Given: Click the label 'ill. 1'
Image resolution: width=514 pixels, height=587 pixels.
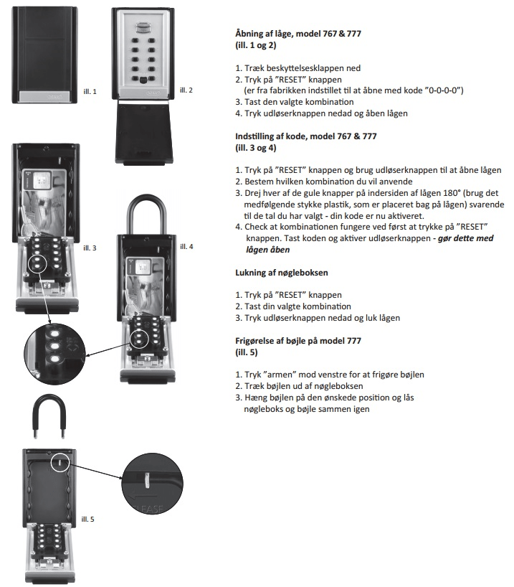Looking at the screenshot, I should click(90, 91).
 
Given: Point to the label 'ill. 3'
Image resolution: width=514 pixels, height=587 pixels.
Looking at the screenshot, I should click(90, 248).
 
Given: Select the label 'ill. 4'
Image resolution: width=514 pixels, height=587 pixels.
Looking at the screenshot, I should click(186, 246).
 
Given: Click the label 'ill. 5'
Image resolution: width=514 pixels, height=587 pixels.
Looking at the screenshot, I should click(90, 518).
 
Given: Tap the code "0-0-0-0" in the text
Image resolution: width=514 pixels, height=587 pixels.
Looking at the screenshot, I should click(441, 90).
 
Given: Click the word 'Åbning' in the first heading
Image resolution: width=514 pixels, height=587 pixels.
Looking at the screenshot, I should click(251, 34).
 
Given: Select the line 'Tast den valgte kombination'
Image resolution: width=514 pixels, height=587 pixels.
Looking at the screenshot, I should click(288, 102).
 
